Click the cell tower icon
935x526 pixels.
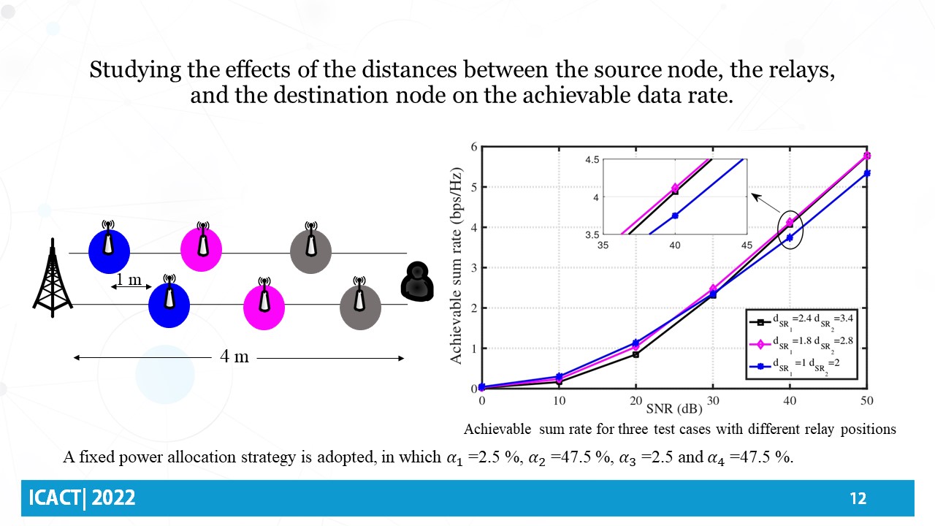[53, 278]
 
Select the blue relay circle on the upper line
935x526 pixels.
[109, 251]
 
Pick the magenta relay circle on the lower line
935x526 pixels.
[263, 307]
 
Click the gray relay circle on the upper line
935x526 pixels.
[311, 251]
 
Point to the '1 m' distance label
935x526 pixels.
[129, 280]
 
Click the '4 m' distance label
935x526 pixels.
[234, 357]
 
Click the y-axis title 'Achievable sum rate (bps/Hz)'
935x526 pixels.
[456, 267]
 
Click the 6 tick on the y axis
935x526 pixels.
[473, 147]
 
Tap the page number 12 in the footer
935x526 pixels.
[858, 499]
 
